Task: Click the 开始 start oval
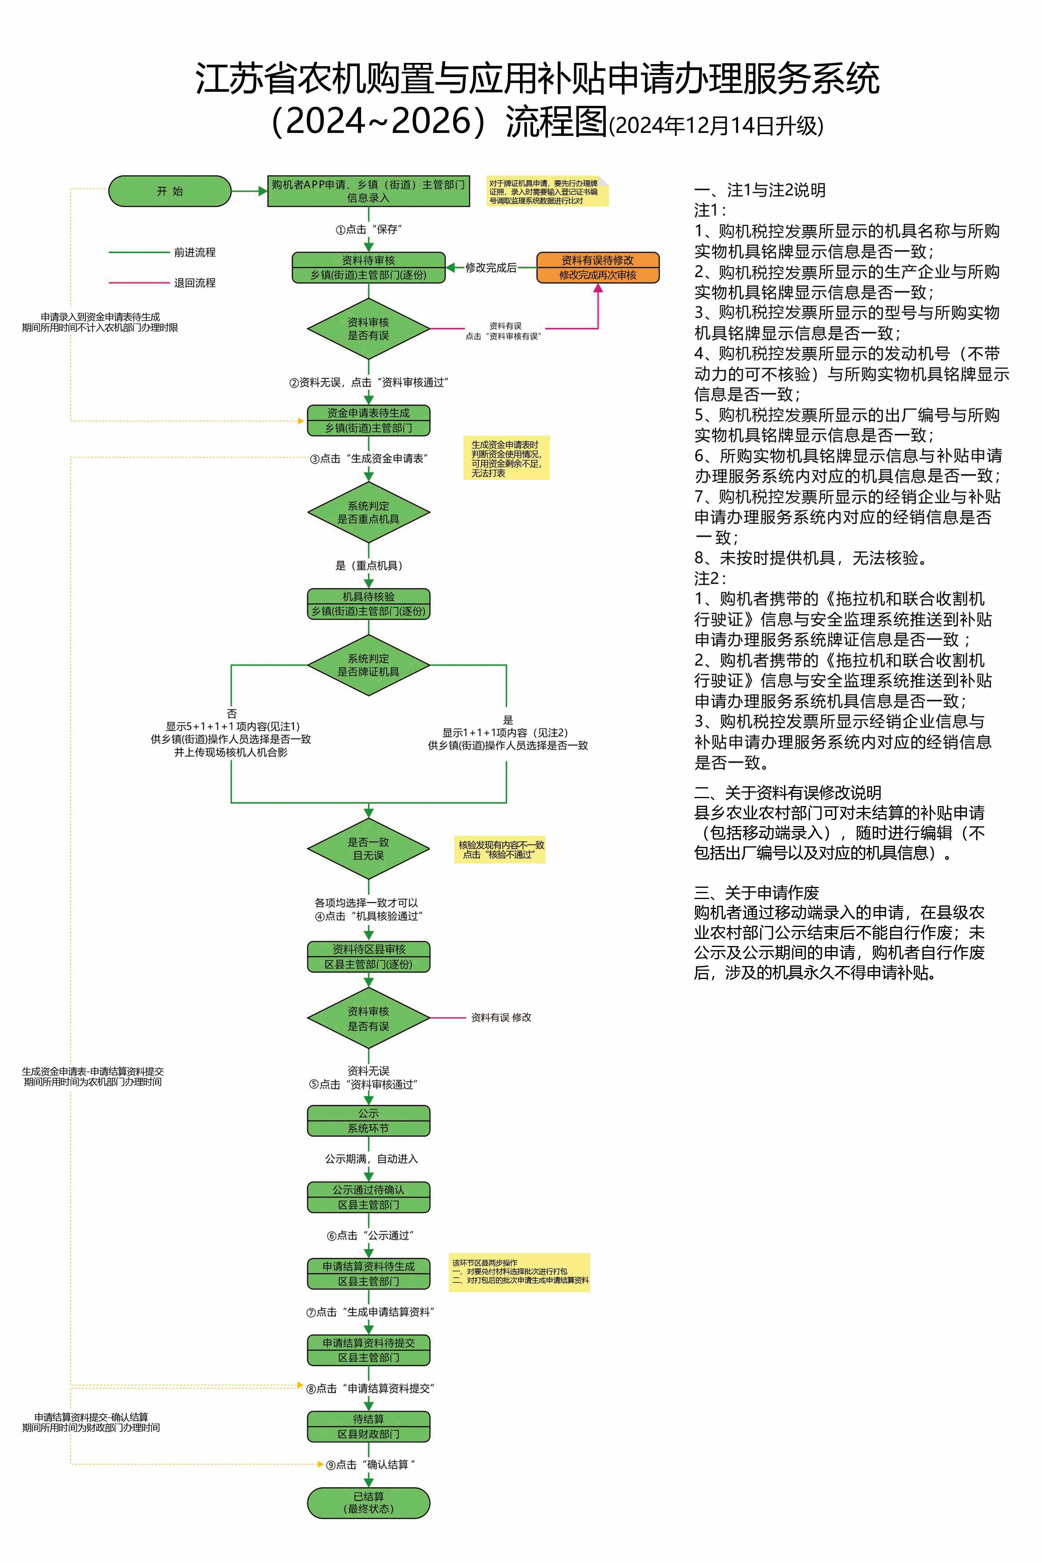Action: coord(169,191)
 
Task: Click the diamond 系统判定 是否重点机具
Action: coord(368,512)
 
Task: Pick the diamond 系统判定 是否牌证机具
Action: coord(368,665)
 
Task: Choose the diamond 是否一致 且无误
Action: coord(368,849)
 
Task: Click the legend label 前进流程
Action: coord(195,253)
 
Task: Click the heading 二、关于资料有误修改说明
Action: coord(788,793)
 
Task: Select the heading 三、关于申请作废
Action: coord(756,893)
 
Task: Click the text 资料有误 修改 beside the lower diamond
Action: coord(501,1017)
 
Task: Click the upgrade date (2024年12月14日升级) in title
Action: coord(716,126)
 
